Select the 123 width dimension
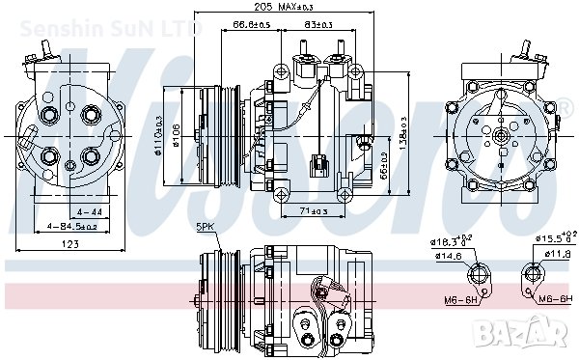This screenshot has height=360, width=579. click(x=70, y=244)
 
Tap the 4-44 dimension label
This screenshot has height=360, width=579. click(x=89, y=210)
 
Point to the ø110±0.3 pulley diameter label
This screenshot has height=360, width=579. click(x=161, y=136)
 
